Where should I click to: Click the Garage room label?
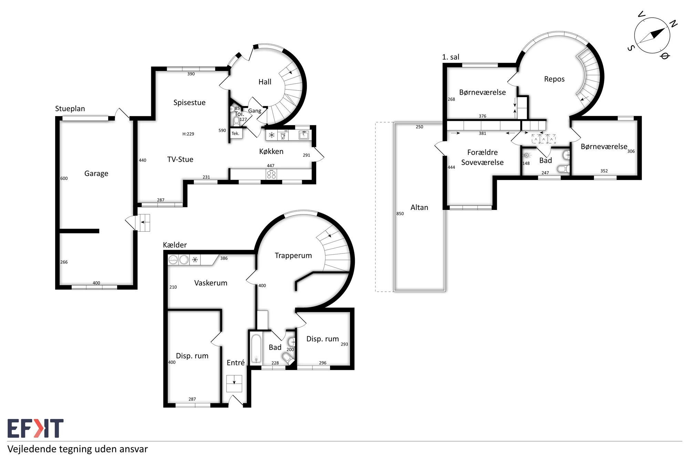(96, 174)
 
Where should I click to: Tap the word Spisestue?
(189, 103)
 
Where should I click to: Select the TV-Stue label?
(180, 159)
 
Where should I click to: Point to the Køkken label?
(271, 152)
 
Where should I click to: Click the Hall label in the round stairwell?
(265, 82)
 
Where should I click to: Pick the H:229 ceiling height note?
(188, 134)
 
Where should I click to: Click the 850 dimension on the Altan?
(400, 213)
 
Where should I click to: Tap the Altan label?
(419, 207)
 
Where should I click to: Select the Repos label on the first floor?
(554, 79)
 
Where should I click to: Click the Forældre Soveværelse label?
(482, 157)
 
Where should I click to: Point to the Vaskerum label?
(210, 283)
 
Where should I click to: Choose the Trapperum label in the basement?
(293, 255)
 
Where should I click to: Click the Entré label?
(236, 363)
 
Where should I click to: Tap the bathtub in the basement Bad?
(256, 348)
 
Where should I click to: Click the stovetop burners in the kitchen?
(271, 174)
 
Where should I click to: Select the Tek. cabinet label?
(235, 134)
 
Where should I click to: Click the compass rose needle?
(652, 35)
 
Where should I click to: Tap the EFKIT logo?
(35, 428)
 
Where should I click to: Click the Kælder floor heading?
(175, 245)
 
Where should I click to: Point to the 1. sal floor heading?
(451, 57)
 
